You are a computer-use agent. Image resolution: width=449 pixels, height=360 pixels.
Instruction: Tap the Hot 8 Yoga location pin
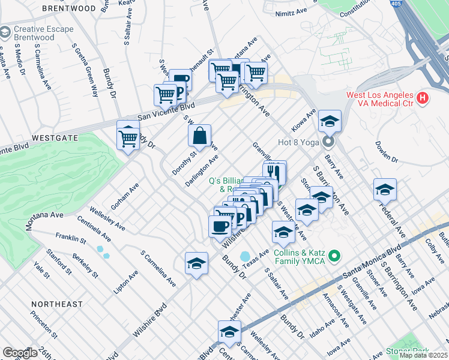(328, 142)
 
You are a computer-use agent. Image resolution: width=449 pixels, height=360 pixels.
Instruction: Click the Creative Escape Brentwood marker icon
(5, 30)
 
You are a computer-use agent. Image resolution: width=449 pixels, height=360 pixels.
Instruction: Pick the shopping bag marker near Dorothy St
(199, 136)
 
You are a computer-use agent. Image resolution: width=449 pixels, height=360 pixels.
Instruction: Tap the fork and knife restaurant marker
(274, 171)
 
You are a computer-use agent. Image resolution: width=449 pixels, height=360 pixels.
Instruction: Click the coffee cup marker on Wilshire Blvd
(220, 226)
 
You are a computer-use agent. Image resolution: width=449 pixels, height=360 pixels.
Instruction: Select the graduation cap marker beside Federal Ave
(385, 190)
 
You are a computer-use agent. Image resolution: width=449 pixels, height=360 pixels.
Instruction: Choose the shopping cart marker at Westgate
(128, 137)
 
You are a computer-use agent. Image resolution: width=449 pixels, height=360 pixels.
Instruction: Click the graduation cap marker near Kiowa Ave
(330, 121)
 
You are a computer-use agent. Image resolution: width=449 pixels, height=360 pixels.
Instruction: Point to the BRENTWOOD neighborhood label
(70, 9)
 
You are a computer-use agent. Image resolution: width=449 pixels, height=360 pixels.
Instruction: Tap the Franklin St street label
(71, 238)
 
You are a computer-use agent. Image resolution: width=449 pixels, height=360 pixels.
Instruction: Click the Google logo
(20, 353)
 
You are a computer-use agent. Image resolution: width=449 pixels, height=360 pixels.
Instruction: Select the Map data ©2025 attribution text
(423, 355)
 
